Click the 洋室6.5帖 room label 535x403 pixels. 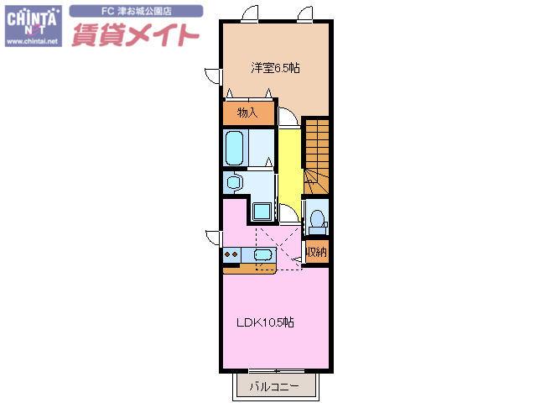click(274, 68)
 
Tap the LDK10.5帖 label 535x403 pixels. click(263, 322)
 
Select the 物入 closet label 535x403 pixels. click(247, 112)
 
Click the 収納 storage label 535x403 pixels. click(315, 250)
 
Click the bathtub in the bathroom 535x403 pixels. click(235, 148)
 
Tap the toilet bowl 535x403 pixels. click(316, 219)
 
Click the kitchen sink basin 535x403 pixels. click(262, 254)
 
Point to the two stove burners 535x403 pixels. click(231, 254)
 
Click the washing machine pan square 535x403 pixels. click(262, 211)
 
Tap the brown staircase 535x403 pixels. click(316, 154)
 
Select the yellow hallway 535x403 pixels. click(288, 164)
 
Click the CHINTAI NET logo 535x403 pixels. click(32, 24)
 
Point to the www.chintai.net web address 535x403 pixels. click(32, 41)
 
